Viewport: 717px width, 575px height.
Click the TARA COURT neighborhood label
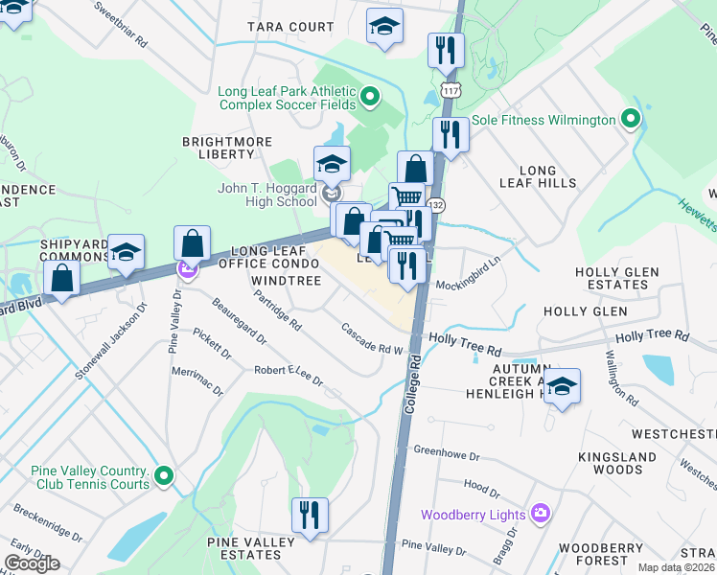coord(290,27)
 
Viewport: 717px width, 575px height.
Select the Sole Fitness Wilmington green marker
coord(630,121)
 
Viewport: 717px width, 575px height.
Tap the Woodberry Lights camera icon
coord(541,515)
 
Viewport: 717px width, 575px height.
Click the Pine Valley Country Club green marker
coord(164,475)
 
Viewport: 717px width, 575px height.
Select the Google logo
coord(32,562)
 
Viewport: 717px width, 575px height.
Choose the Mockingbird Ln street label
coord(469,284)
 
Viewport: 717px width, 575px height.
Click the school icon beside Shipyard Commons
coord(126,253)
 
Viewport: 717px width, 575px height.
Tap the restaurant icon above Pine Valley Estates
coord(310,516)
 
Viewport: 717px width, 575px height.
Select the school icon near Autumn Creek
coord(563,387)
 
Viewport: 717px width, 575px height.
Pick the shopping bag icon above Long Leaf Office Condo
coord(193,244)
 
